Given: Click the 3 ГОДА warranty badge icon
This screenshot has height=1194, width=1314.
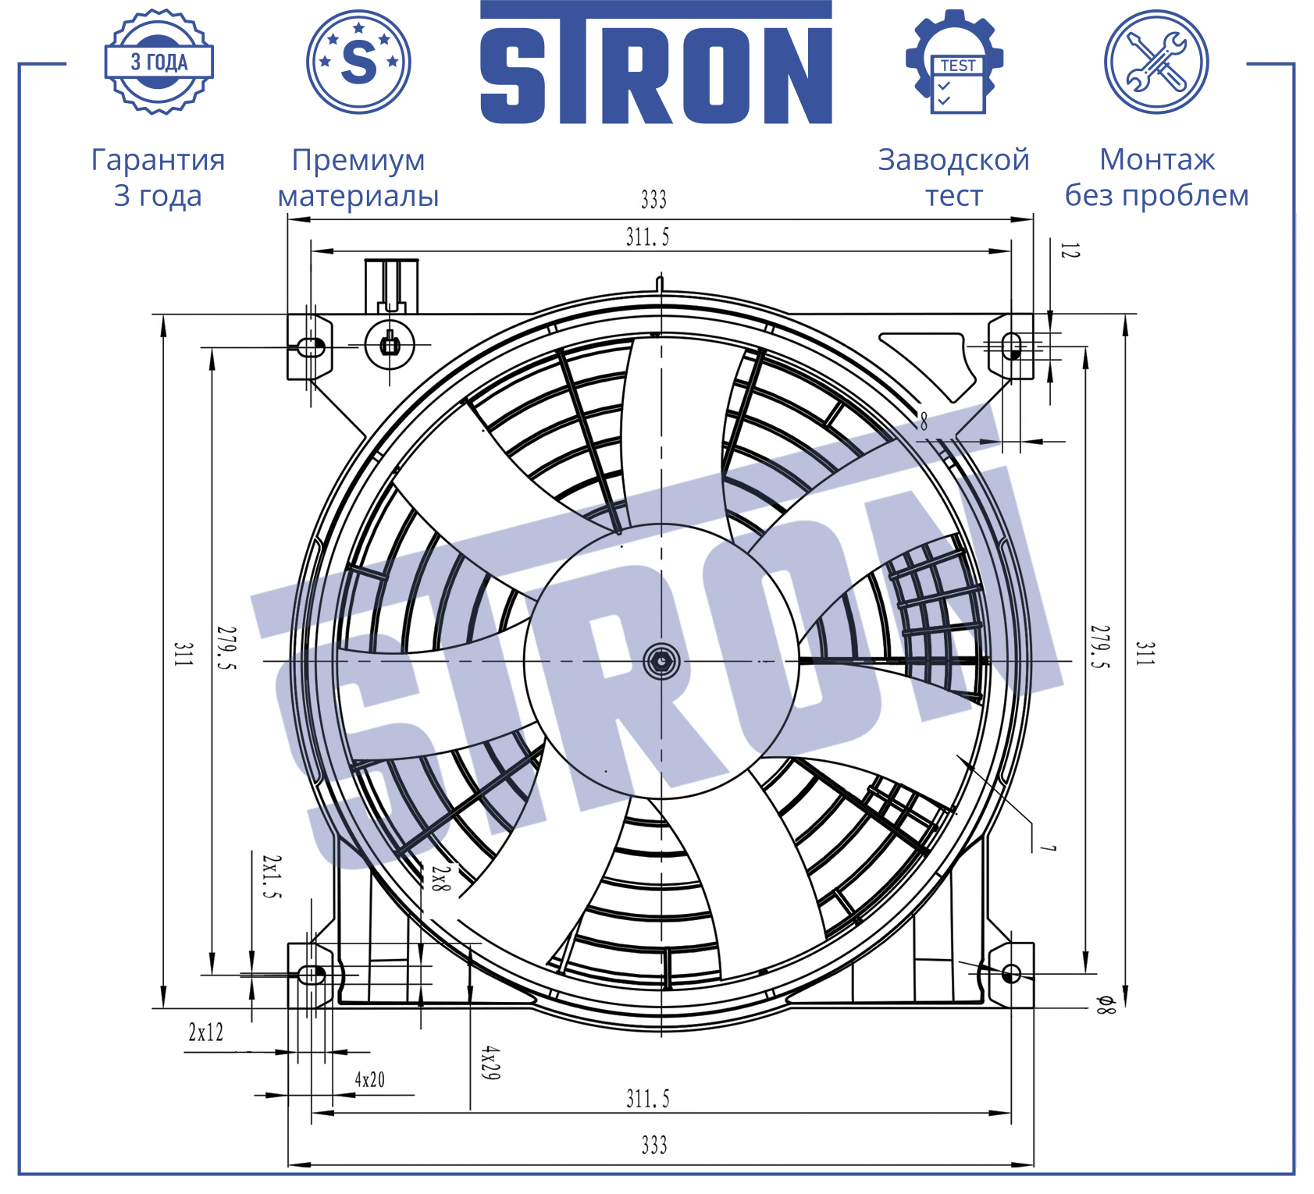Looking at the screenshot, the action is (159, 62).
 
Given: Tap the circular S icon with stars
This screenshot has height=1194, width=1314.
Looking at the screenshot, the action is (358, 62).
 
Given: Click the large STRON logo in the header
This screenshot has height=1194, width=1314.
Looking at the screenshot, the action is (656, 62).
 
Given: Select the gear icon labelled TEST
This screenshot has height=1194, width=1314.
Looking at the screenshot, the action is (954, 62).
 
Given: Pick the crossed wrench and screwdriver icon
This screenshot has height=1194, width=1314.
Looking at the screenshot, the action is (1156, 62).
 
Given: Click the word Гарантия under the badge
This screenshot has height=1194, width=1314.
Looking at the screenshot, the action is (158, 160).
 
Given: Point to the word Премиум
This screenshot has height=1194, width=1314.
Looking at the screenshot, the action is (358, 160).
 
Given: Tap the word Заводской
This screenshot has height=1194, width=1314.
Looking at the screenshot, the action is (954, 160).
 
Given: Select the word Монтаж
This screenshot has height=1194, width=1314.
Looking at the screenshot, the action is (1157, 159).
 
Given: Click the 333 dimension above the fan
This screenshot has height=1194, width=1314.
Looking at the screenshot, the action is (653, 200).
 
